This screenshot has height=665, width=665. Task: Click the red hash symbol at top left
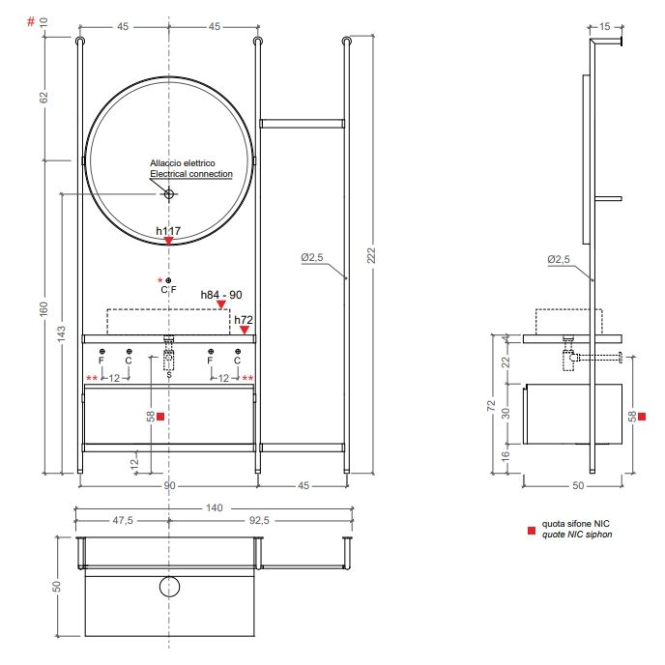31,21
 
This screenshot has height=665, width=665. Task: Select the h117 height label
168,231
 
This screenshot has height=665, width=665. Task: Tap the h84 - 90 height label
221,295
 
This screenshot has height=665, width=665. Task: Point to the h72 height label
244,320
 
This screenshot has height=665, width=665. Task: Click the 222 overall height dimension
371,255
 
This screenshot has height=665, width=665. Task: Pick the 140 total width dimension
215,507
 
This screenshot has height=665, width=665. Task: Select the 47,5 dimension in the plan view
123,520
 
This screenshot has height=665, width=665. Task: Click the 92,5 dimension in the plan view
259,520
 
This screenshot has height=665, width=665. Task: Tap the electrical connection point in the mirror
169,194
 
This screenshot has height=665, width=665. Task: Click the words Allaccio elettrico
183,162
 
